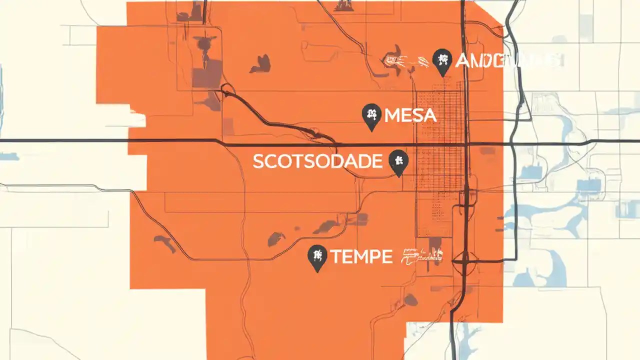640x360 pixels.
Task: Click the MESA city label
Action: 410,116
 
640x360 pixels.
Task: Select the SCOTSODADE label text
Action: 317,161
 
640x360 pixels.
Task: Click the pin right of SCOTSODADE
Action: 398,161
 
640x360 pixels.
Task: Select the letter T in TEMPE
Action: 335,257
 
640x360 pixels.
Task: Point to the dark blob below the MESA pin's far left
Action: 260,63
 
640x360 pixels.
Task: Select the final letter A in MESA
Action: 430,116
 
